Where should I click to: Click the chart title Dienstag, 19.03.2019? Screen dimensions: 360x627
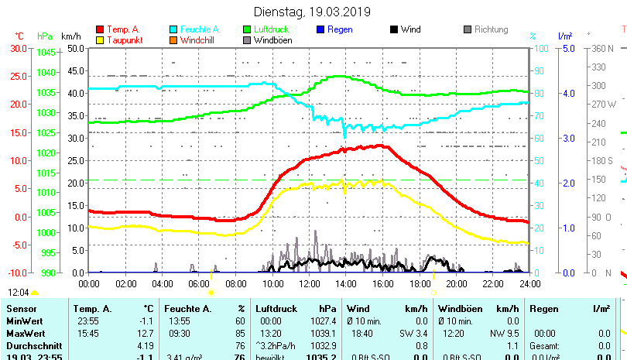(x=313, y=12)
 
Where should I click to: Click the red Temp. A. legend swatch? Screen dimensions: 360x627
(x=101, y=29)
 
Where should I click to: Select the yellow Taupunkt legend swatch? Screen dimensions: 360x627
(x=101, y=39)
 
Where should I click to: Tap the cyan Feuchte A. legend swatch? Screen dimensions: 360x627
(x=174, y=29)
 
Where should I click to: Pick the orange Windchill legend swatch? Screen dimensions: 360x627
(x=174, y=39)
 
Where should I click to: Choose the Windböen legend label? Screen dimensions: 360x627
(x=272, y=39)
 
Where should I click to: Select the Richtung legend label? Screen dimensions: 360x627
(x=491, y=29)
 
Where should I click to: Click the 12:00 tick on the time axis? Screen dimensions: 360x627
(x=309, y=284)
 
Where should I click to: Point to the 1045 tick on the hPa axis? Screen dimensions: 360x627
(x=46, y=53)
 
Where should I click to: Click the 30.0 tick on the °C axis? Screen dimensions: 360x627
(x=19, y=48)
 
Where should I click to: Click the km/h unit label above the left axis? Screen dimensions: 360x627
(x=70, y=36)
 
